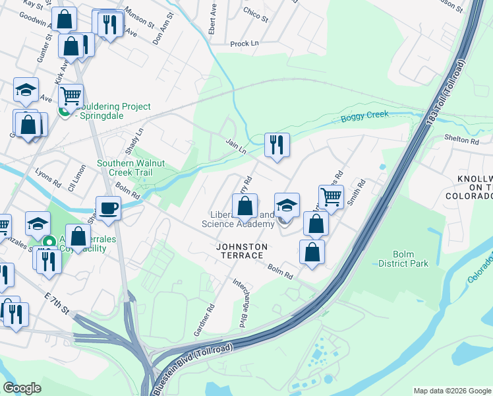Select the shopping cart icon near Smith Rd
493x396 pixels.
331,196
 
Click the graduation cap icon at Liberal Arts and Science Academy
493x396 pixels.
287,205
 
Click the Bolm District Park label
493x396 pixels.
403,259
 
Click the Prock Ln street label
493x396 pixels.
244,44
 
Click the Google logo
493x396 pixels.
22,388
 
